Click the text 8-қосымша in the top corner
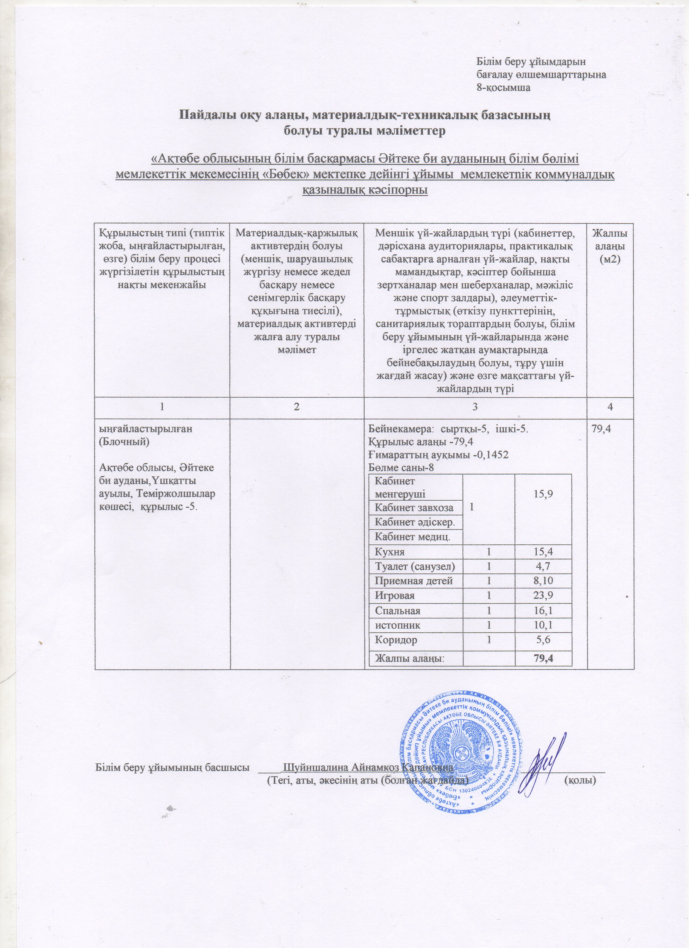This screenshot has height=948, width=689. (x=504, y=88)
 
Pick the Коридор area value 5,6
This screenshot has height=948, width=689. (x=542, y=640)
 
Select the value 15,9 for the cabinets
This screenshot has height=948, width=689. (x=542, y=494)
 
